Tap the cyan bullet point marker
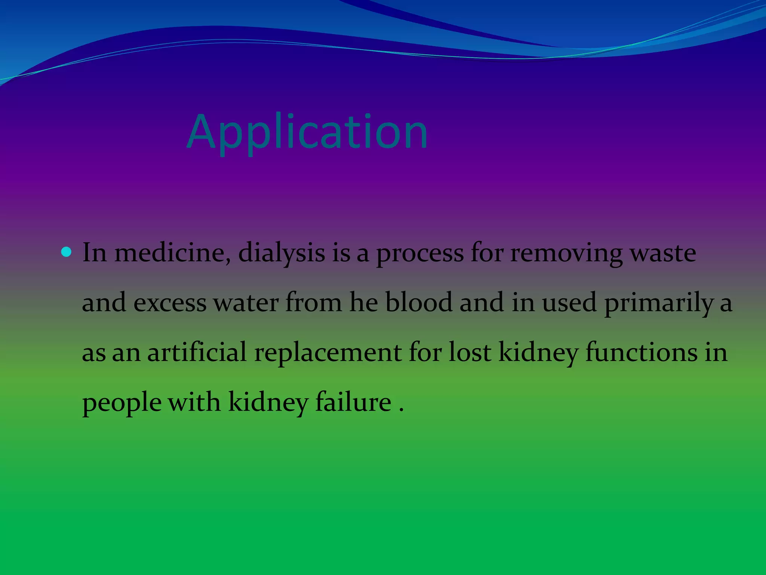pyautogui.click(x=66, y=252)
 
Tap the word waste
pyautogui.click(x=663, y=253)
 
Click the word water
pyautogui.click(x=246, y=302)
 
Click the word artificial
pyautogui.click(x=197, y=352)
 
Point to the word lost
pyautogui.click(x=470, y=352)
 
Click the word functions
pyautogui.click(x=641, y=352)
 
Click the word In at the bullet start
pyautogui.click(x=94, y=253)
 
